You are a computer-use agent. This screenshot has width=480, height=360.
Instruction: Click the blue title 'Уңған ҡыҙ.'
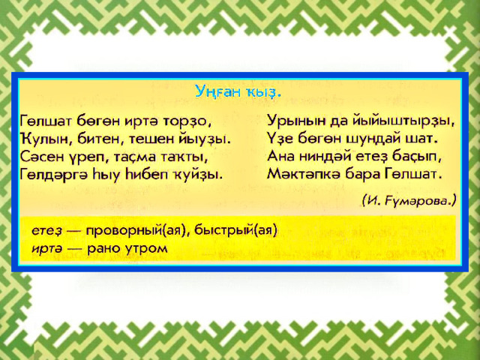click(x=238, y=91)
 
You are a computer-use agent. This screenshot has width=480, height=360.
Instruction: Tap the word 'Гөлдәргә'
click(x=53, y=175)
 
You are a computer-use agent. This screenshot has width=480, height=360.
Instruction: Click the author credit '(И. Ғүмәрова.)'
click(x=409, y=201)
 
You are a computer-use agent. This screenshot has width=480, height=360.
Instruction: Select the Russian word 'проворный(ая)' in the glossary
click(x=136, y=230)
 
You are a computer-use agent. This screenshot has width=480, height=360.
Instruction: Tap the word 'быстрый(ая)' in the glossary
click(x=235, y=230)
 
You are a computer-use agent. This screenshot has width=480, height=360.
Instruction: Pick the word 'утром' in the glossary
click(x=147, y=248)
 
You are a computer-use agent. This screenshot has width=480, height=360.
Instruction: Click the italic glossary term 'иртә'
click(x=45, y=248)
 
